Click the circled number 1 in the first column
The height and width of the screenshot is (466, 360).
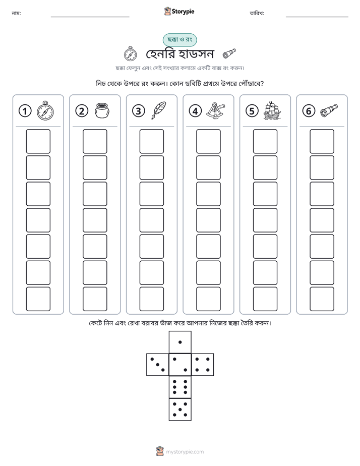coord(25,111)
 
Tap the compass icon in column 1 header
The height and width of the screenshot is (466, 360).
coord(45,110)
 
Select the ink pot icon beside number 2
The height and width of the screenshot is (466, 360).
coord(102,110)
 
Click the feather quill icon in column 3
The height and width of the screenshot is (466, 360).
coord(159,110)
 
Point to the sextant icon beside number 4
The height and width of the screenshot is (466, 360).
coord(216,110)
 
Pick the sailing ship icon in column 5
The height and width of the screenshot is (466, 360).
coord(272,110)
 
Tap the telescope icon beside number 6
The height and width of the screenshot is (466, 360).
coord(329,110)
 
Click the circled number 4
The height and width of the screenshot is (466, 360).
coord(195,111)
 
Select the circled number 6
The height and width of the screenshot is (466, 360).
coord(309,111)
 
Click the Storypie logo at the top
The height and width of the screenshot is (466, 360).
coord(179,11)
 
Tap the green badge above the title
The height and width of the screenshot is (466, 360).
coord(179,40)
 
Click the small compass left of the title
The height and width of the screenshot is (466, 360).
coord(131,54)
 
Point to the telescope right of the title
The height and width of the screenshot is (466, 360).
coord(229,53)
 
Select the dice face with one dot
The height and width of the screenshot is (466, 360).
coord(180,342)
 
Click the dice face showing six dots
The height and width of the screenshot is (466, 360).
coord(180,387)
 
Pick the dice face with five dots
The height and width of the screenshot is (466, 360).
coord(180,410)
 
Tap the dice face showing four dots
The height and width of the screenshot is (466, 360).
coord(203,365)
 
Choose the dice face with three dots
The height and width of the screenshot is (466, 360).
coord(158,365)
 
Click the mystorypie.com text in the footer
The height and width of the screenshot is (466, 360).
coord(185,452)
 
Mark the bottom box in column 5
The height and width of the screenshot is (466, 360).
coord(265,299)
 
